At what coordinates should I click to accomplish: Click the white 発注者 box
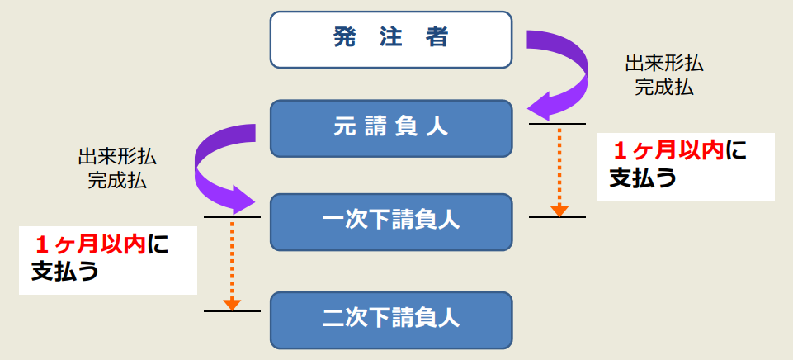click(x=391, y=39)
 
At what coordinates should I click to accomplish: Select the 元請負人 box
click(x=391, y=128)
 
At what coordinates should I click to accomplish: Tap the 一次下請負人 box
click(x=391, y=221)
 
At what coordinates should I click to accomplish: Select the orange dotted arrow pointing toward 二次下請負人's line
click(x=233, y=264)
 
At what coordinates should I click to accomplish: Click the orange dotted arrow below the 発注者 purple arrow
click(x=559, y=169)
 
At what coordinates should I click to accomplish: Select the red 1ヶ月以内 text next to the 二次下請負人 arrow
click(x=90, y=244)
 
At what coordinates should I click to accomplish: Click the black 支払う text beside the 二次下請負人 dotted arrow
click(x=64, y=272)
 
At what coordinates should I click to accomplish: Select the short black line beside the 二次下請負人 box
click(x=232, y=311)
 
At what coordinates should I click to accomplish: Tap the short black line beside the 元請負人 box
click(x=558, y=124)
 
